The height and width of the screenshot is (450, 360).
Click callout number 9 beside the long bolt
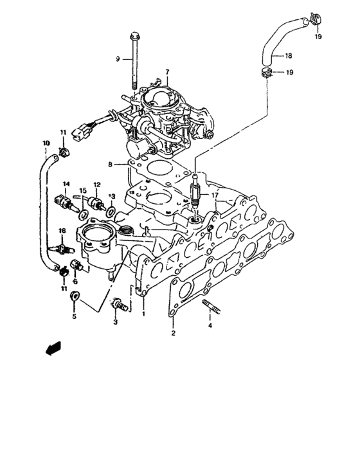pos(118,59)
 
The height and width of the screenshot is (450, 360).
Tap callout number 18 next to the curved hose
pos(288,55)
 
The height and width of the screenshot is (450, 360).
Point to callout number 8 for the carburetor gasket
pos(110,165)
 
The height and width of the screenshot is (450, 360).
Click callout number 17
pos(215,195)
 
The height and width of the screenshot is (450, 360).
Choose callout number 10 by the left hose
pos(46,142)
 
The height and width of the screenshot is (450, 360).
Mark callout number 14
pos(65,184)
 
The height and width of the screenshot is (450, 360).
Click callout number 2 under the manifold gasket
pos(173,333)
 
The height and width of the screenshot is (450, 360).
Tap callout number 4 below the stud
pos(210,325)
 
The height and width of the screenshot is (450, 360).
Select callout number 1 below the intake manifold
pos(143,314)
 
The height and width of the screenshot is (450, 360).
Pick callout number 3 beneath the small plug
pos(116,321)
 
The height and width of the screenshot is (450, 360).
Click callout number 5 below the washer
pos(73,317)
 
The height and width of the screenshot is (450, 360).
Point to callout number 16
pos(62,230)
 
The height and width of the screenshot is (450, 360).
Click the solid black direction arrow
pos(52,348)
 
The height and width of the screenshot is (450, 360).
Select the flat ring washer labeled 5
pos(75,296)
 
